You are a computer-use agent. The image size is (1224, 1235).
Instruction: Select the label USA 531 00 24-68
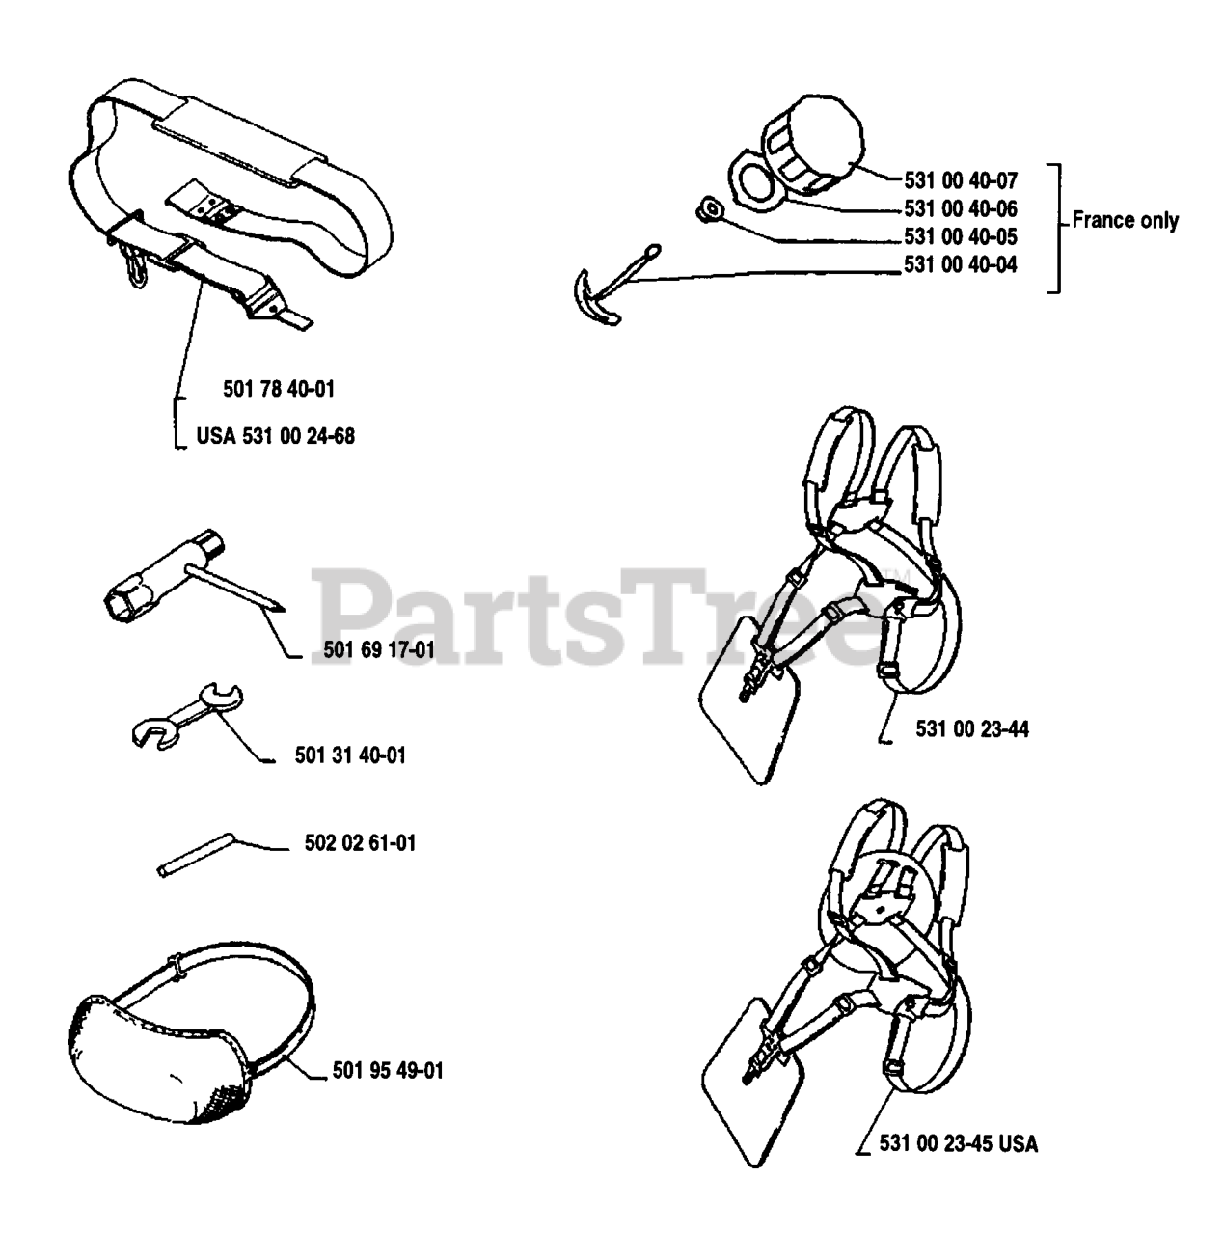click(x=275, y=436)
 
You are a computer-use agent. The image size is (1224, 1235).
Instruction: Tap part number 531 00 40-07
click(x=961, y=180)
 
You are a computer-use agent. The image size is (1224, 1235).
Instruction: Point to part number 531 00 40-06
click(x=961, y=208)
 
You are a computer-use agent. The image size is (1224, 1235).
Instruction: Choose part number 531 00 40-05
click(x=961, y=236)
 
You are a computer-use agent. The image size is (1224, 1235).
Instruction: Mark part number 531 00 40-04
click(x=961, y=264)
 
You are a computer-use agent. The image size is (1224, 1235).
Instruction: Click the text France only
click(x=1125, y=220)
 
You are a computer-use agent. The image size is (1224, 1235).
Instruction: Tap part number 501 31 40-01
click(x=350, y=755)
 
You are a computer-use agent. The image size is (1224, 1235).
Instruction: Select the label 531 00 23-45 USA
click(x=959, y=1144)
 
